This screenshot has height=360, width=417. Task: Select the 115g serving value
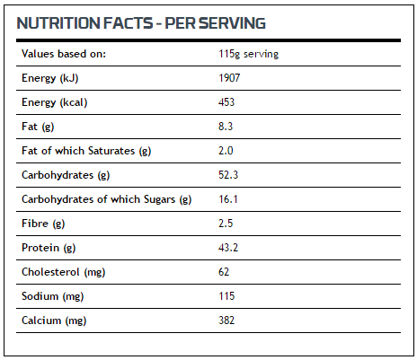pyautogui.click(x=248, y=54)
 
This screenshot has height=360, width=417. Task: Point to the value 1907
pyautogui.click(x=229, y=78)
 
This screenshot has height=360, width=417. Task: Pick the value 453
pyautogui.click(x=226, y=102)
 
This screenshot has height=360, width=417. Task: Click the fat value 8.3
pyautogui.click(x=226, y=127)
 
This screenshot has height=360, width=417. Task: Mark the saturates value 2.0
pyautogui.click(x=226, y=151)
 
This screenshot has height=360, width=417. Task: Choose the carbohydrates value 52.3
pyautogui.click(x=228, y=175)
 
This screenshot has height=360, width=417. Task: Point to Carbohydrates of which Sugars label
pyautogui.click(x=106, y=199)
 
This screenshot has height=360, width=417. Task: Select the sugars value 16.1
pyautogui.click(x=228, y=199)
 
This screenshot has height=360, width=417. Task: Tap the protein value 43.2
pyautogui.click(x=228, y=248)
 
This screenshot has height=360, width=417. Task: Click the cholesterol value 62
pyautogui.click(x=224, y=272)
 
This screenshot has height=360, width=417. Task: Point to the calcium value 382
pyautogui.click(x=226, y=320)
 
